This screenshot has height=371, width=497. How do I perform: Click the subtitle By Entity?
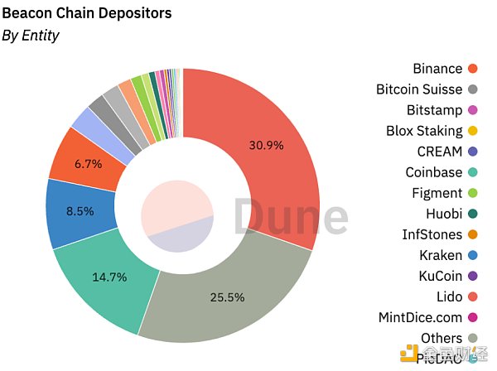(x=31, y=36)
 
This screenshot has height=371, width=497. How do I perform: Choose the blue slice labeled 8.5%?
(x=79, y=211)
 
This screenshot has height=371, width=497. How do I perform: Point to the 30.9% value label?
(x=267, y=145)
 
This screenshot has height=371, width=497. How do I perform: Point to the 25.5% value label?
(x=226, y=296)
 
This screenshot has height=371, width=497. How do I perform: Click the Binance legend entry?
(x=437, y=69)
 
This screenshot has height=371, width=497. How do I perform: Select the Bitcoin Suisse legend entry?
(x=419, y=89)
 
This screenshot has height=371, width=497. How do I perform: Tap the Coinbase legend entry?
(x=434, y=172)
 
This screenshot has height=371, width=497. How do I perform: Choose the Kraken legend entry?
(x=440, y=255)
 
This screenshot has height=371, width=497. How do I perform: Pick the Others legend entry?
(x=441, y=338)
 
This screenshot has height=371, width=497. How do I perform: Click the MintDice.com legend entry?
(x=420, y=317)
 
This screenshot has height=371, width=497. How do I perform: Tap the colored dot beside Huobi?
(x=473, y=214)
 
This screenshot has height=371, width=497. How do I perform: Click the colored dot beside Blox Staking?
(x=473, y=131)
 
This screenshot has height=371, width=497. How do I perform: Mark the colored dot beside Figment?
(x=473, y=193)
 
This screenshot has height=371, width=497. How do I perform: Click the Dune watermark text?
(x=290, y=218)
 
